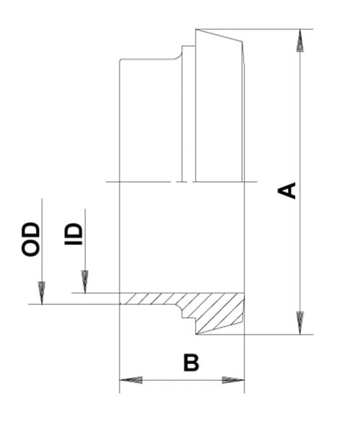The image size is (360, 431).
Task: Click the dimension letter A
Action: (287, 190)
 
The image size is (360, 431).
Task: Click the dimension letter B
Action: (191, 363)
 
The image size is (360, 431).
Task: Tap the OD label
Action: (31, 240)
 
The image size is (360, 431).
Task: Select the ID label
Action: (73, 234)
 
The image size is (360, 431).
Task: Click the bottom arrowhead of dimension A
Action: (300, 323)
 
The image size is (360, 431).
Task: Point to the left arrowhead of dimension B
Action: (131, 380)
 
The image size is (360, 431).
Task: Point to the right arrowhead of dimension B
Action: (233, 380)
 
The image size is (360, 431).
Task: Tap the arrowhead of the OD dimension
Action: (42, 293)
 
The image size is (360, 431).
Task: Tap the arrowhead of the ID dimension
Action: (85, 282)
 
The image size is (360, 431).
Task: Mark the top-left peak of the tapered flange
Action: (196, 29)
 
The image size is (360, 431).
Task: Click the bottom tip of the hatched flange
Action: (196, 335)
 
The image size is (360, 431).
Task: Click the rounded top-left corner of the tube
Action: (121, 60)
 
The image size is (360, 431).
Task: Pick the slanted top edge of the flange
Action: (219, 35)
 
